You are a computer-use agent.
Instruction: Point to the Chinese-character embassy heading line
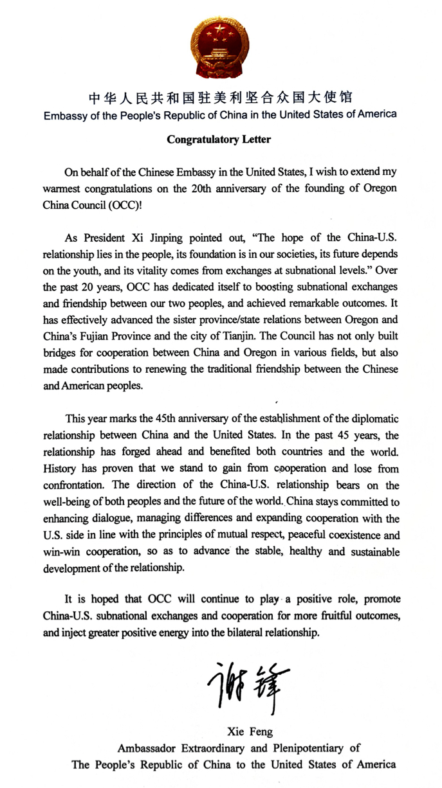221,98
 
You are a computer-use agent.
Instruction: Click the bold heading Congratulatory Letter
219,139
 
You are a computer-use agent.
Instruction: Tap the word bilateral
235,632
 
